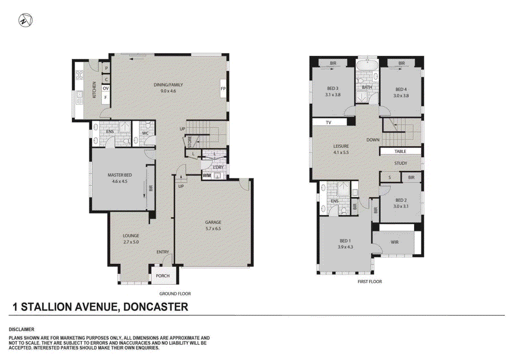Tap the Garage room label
213,222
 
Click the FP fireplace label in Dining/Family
223,89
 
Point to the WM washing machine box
207,176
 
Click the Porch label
163,276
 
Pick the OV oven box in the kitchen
106,88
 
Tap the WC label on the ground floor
145,134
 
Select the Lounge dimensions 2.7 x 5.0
131,242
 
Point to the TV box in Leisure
329,123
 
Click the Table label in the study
400,151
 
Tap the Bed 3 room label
333,88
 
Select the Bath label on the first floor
367,87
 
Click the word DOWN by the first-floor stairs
373,140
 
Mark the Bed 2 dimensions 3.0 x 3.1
400,205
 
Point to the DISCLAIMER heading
22,329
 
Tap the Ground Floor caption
175,294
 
